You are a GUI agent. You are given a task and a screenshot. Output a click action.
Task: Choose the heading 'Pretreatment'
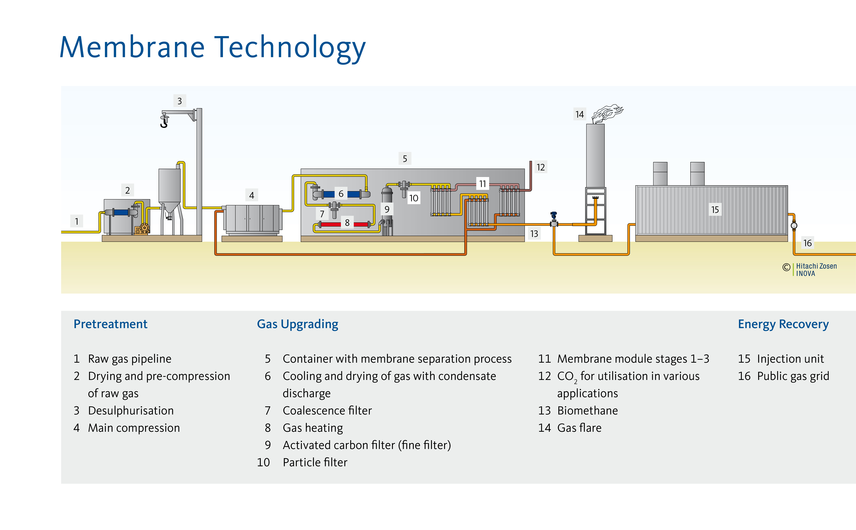pyautogui.click(x=110, y=324)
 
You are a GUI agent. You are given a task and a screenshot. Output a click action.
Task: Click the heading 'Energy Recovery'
pyautogui.click(x=783, y=324)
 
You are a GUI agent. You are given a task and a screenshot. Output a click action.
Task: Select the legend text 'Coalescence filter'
pyautogui.click(x=327, y=410)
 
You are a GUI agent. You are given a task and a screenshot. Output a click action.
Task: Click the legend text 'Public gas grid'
pyautogui.click(x=793, y=376)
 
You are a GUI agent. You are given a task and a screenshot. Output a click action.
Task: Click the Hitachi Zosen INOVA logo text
pyautogui.click(x=816, y=270)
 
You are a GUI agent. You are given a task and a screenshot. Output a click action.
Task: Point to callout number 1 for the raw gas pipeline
pyautogui.click(x=77, y=221)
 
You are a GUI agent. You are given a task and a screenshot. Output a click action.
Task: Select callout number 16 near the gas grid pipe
pyautogui.click(x=807, y=243)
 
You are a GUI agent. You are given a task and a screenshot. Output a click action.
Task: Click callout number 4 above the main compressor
pyautogui.click(x=251, y=195)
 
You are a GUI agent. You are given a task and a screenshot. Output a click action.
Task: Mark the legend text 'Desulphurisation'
pyautogui.click(x=131, y=410)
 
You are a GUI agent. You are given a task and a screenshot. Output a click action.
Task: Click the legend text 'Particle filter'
pyautogui.click(x=315, y=462)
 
